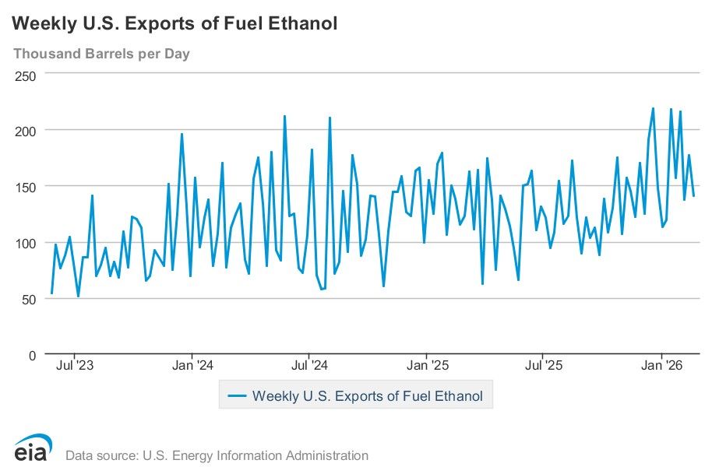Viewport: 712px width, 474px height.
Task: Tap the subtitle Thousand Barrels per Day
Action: pos(101,54)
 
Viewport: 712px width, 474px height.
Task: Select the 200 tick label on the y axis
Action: pos(26,130)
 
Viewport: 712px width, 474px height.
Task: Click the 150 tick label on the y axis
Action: pos(26,187)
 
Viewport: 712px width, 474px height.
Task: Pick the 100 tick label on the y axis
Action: pos(26,243)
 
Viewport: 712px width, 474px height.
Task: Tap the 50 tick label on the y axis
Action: pos(30,299)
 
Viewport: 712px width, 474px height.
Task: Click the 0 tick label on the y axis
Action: pos(33,355)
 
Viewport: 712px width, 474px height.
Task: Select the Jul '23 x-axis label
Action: pos(76,365)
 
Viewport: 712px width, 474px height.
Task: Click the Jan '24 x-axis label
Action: pos(192,365)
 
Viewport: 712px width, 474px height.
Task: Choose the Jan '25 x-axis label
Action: pos(428,365)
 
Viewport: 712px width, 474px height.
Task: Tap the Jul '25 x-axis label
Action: pos(544,365)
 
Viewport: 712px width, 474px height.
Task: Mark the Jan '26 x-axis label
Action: pos(661,365)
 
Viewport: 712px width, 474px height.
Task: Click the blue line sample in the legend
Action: pos(237,396)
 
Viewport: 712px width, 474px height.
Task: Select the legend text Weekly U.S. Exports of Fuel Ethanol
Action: pos(367,396)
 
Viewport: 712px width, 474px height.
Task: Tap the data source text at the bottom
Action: pos(217,455)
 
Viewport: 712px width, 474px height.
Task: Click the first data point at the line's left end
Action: pos(51,293)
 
